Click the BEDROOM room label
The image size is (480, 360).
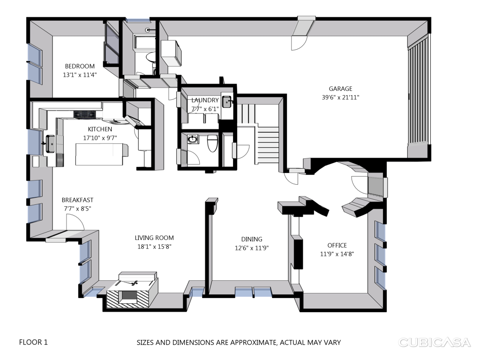pyautogui.click(x=80, y=66)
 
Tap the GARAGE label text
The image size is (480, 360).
pyautogui.click(x=340, y=89)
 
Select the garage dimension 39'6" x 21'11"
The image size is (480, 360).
pyautogui.click(x=340, y=97)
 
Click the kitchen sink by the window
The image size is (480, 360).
pyautogui.click(x=51, y=144)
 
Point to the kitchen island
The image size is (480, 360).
pyautogui.click(x=102, y=154)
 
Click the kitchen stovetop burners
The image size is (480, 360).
pyautogui.click(x=85, y=114)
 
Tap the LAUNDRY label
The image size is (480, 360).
pyautogui.click(x=205, y=100)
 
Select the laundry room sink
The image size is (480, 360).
pyautogui.click(x=227, y=102)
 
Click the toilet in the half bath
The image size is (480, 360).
pyautogui.click(x=212, y=143)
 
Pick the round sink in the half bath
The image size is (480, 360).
pyautogui.click(x=193, y=140)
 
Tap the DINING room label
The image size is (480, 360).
pyautogui.click(x=252, y=240)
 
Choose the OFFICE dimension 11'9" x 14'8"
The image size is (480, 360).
pyautogui.click(x=337, y=254)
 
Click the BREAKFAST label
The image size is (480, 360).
pyautogui.click(x=77, y=200)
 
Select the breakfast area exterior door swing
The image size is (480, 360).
pyautogui.click(x=75, y=222)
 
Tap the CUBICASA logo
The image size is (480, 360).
pyautogui.click(x=434, y=342)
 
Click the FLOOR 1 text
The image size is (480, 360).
pyautogui.click(x=33, y=342)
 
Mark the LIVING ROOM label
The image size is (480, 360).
pyautogui.click(x=154, y=238)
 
